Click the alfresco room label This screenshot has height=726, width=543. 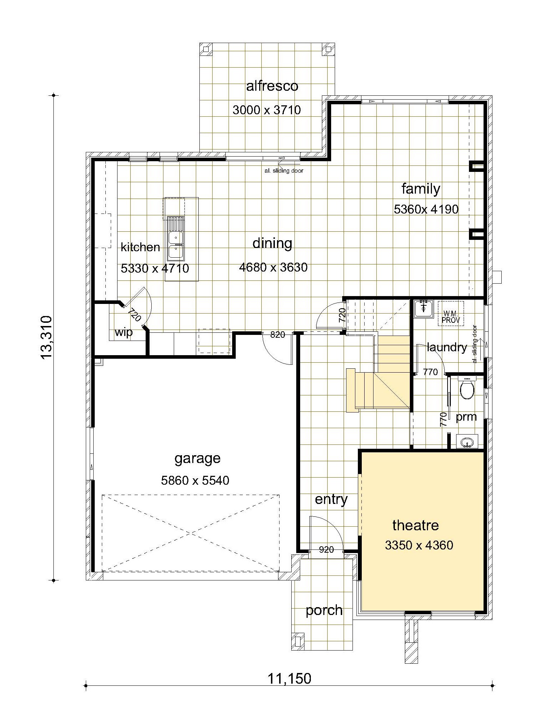pyautogui.click(x=272, y=86)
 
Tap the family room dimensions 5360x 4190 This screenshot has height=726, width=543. pyautogui.click(x=426, y=209)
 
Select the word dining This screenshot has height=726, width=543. pyautogui.click(x=272, y=243)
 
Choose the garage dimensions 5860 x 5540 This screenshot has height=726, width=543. pyautogui.click(x=195, y=480)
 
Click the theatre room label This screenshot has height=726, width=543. pyautogui.click(x=416, y=525)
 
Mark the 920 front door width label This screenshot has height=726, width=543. pyautogui.click(x=326, y=550)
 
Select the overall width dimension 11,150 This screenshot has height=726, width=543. pyautogui.click(x=289, y=679)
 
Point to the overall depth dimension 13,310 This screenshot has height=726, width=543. pyautogui.click(x=47, y=338)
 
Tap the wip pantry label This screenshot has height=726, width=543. pyautogui.click(x=124, y=332)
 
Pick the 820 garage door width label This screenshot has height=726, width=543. pyautogui.click(x=278, y=335)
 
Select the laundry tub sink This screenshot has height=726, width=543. pyautogui.click(x=424, y=308)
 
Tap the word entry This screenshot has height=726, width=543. pyautogui.click(x=331, y=499)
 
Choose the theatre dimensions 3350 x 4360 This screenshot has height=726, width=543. pyautogui.click(x=419, y=545)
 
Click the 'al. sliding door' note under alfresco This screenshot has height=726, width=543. pyautogui.click(x=283, y=171)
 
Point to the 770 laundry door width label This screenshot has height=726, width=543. pyautogui.click(x=430, y=372)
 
